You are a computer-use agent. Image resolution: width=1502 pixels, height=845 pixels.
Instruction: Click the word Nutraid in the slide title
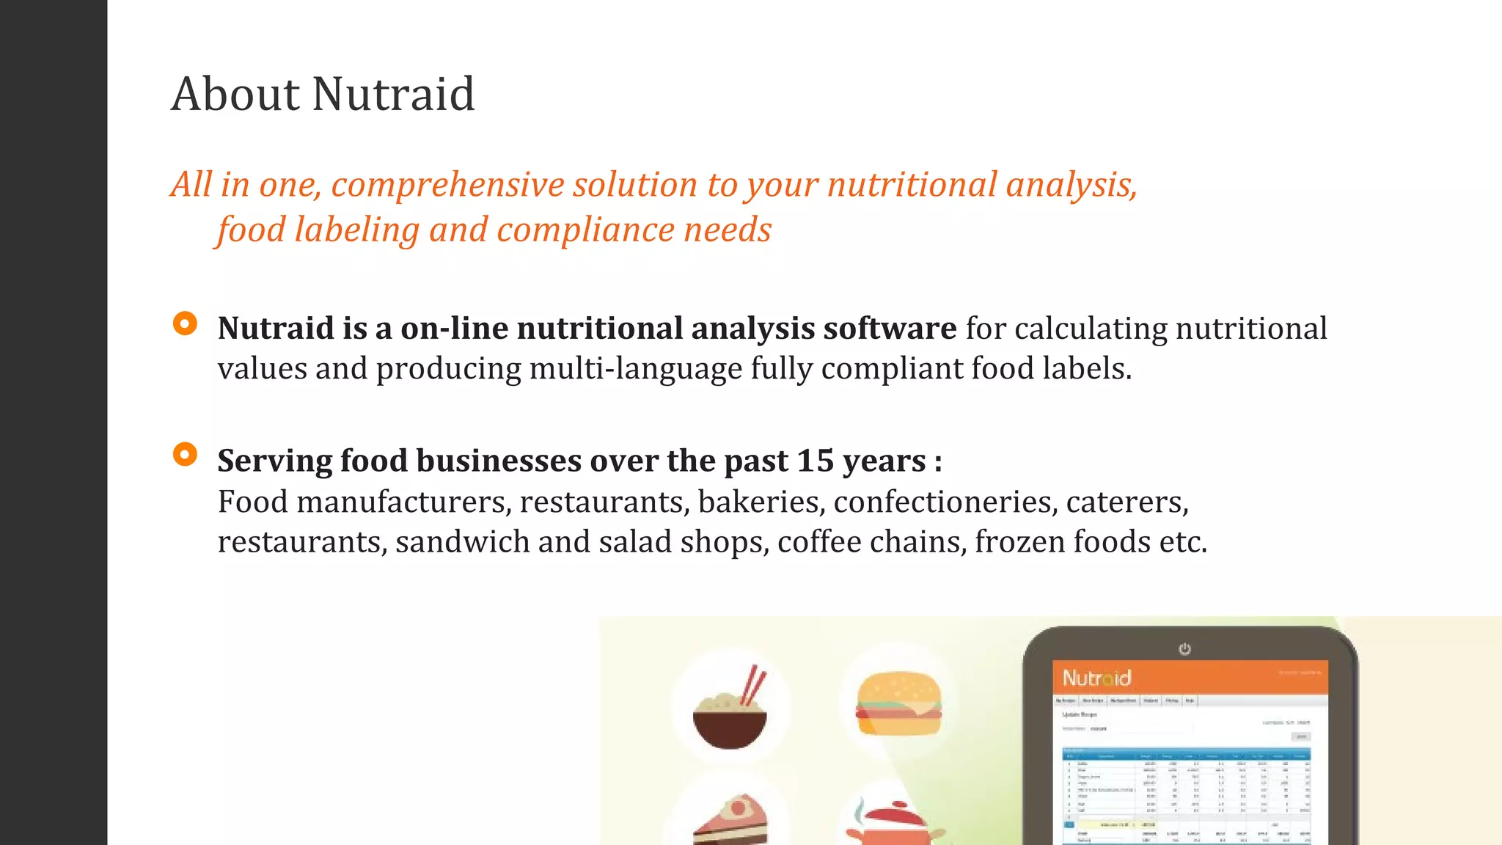(x=394, y=95)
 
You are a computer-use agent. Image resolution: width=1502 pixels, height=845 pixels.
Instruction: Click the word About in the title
(x=235, y=95)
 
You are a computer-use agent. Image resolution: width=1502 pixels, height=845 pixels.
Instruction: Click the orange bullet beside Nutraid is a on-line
(x=185, y=323)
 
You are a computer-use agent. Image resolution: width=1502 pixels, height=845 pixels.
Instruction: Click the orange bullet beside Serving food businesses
(x=185, y=455)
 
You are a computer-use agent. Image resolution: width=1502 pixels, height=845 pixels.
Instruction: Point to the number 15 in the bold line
(x=815, y=461)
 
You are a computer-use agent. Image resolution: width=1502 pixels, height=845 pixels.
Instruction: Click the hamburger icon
(x=898, y=704)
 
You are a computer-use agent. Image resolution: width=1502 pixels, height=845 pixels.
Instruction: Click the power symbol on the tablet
(x=1184, y=649)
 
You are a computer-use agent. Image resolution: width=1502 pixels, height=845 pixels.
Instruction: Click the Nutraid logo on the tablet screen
(x=1096, y=678)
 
